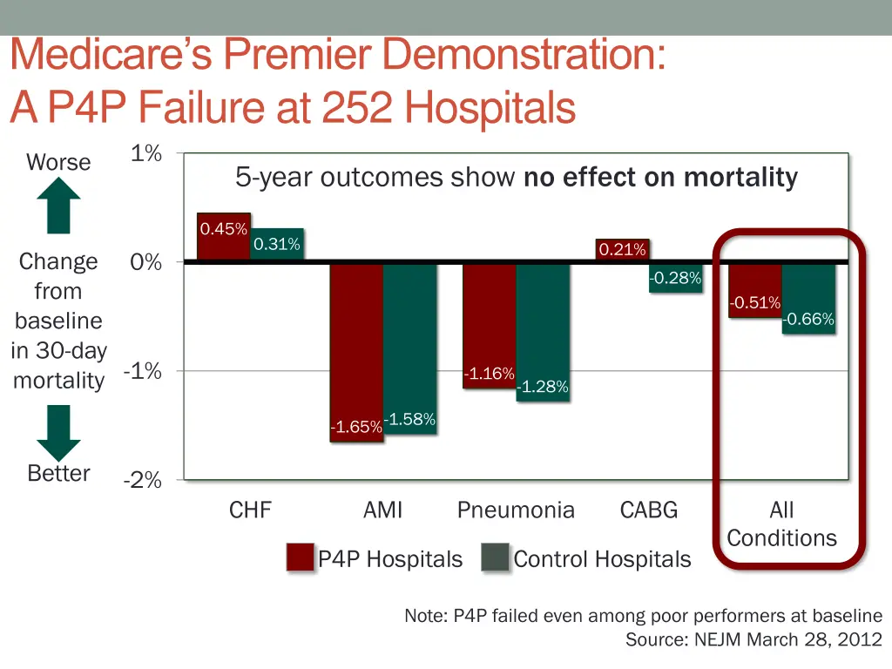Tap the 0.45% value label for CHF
click(224, 229)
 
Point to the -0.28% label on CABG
click(675, 279)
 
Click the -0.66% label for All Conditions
click(808, 320)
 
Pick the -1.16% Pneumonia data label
click(489, 374)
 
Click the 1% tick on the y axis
click(146, 154)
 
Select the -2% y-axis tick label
click(143, 480)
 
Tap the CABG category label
click(648, 510)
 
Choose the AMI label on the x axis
click(383, 510)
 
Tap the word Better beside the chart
click(58, 473)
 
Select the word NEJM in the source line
click(718, 640)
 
